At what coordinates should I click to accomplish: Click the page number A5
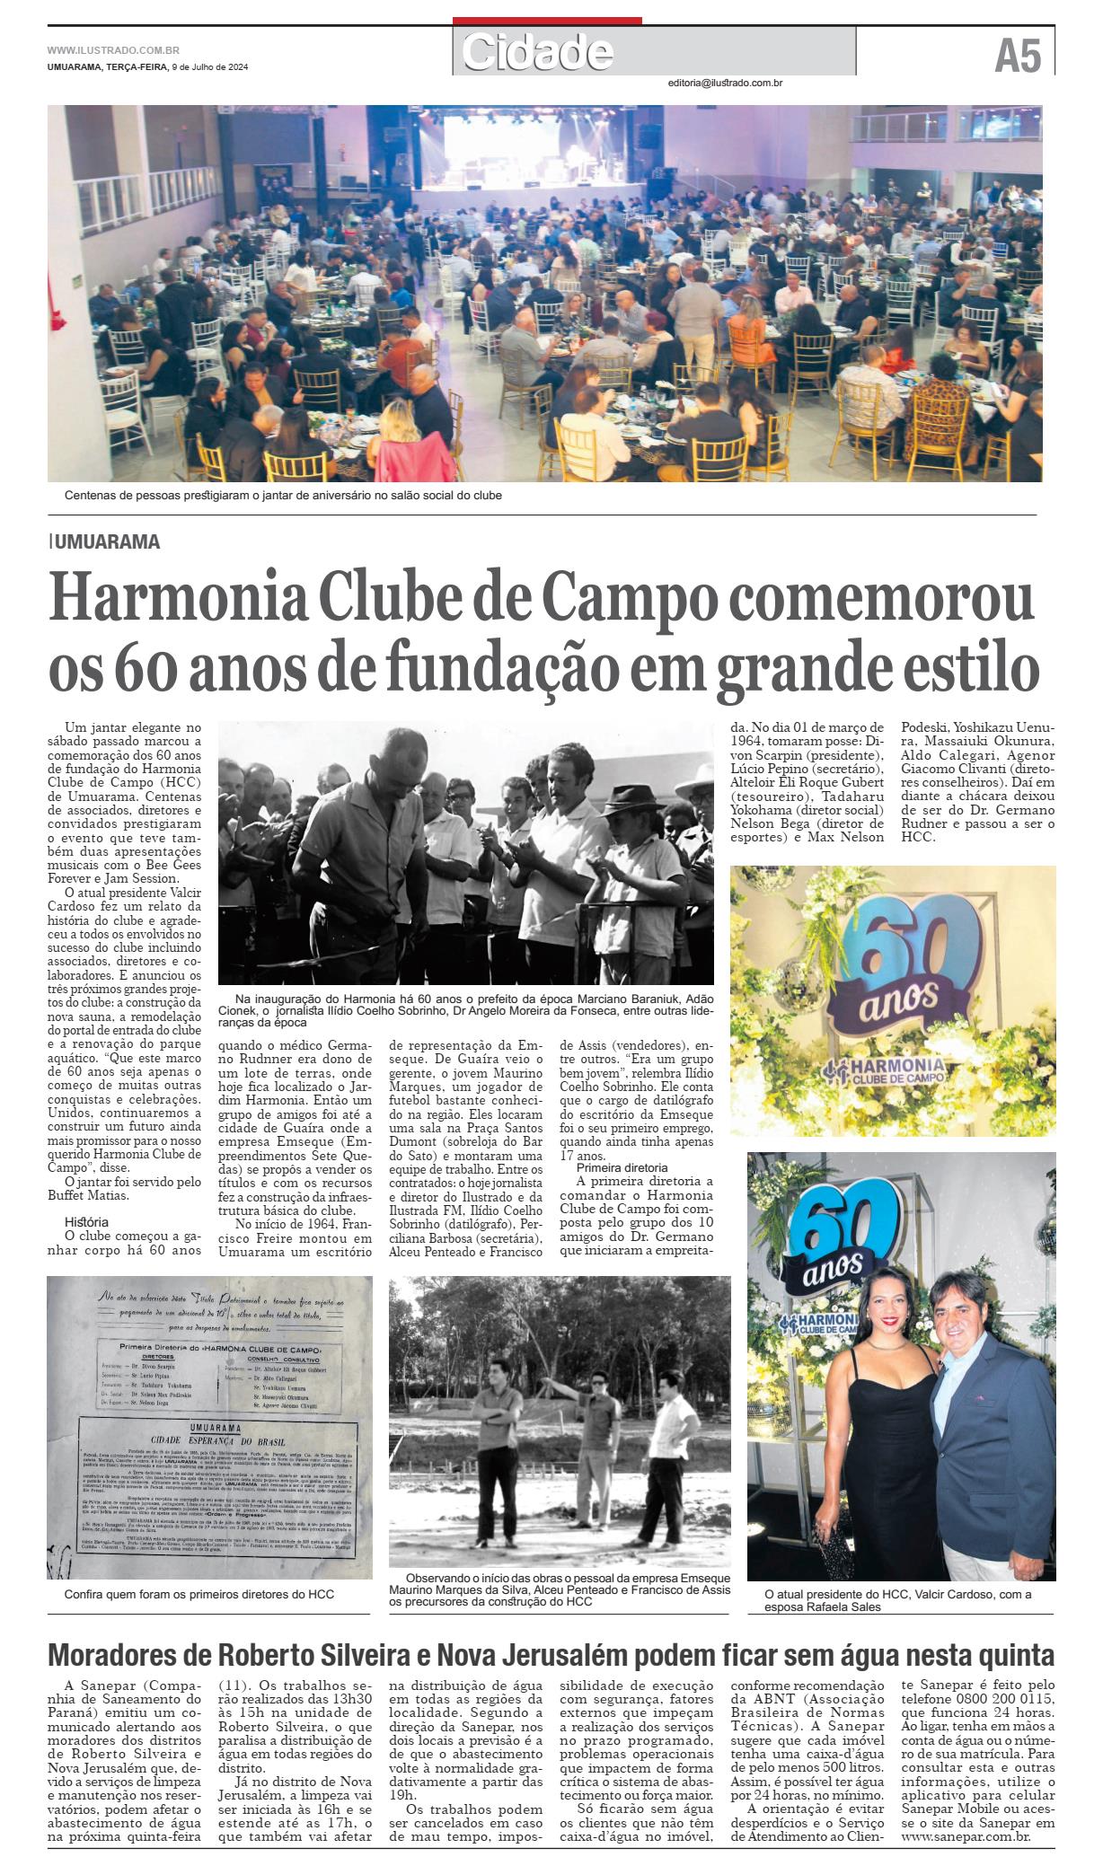[x=1017, y=57]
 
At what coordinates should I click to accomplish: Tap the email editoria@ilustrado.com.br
[x=725, y=84]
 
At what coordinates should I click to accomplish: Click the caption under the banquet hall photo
[x=283, y=496]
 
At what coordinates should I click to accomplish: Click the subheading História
[x=86, y=1222]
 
